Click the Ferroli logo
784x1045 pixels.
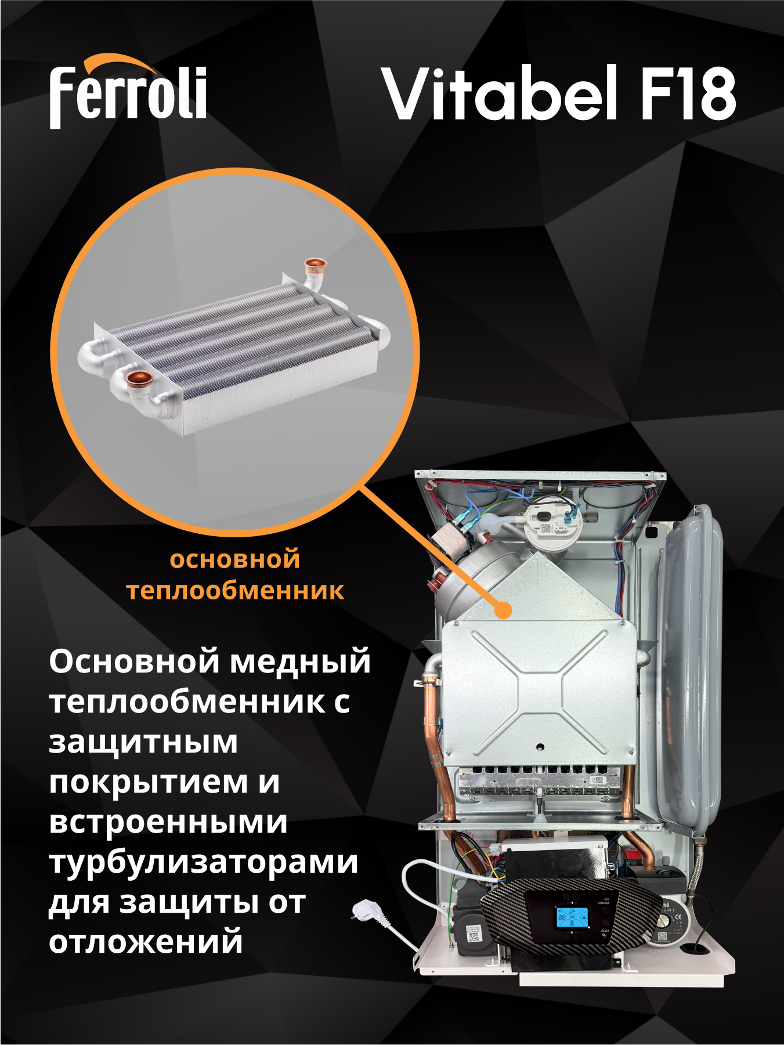(x=128, y=93)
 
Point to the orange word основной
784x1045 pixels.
(x=235, y=560)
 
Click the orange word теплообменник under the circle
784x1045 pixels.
(x=235, y=591)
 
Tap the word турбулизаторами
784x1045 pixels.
(x=204, y=862)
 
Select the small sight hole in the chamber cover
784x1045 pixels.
(x=540, y=747)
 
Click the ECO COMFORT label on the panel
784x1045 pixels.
(x=603, y=901)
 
